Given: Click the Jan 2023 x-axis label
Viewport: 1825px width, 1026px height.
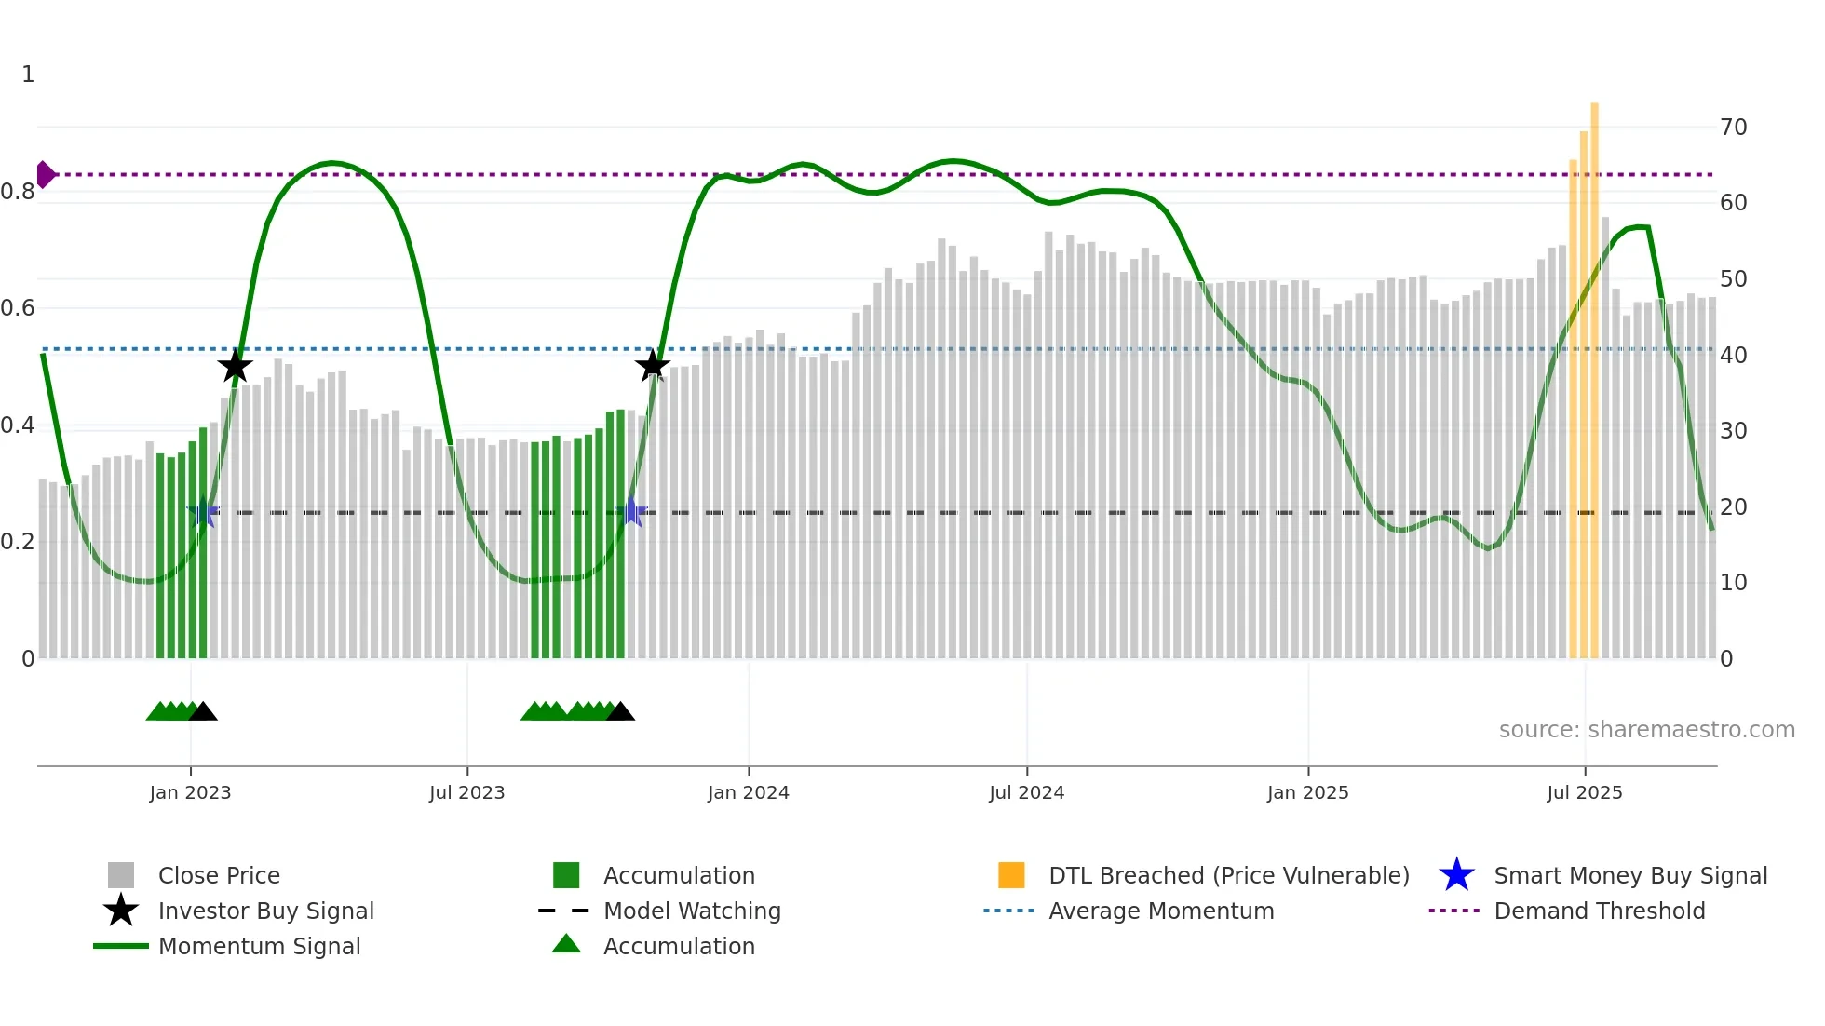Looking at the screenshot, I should tap(190, 792).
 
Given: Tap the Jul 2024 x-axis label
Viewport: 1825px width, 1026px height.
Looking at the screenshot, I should tap(1026, 792).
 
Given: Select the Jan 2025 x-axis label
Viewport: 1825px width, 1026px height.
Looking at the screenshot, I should tap(1307, 792).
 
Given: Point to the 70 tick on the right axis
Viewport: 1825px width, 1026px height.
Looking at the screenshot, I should tap(1733, 128).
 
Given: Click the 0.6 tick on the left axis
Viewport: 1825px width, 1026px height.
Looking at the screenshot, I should tap(18, 308).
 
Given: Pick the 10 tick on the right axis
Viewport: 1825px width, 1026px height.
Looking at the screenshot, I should tap(1733, 583).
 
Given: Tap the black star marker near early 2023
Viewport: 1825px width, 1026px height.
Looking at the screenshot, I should tap(235, 366).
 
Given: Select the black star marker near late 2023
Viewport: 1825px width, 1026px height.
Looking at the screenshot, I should tap(652, 365).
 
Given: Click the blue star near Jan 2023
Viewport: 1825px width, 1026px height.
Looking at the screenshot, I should tap(203, 512).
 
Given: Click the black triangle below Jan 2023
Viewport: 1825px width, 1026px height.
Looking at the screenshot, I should tap(203, 712).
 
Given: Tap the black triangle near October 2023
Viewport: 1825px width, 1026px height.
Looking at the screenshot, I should tap(620, 712).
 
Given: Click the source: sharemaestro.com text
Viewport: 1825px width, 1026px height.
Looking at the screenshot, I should tap(1646, 730).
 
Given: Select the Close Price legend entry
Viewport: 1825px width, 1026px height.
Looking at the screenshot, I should tap(219, 875).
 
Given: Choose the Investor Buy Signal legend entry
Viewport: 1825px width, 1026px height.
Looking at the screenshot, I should tap(265, 911).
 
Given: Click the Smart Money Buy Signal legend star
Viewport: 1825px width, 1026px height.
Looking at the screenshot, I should tap(1456, 875).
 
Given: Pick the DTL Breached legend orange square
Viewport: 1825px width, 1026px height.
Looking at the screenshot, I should tap(1011, 875).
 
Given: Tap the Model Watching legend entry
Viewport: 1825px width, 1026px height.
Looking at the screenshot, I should tap(691, 911).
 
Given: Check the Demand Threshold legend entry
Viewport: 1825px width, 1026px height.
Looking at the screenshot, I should tap(1599, 911).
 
